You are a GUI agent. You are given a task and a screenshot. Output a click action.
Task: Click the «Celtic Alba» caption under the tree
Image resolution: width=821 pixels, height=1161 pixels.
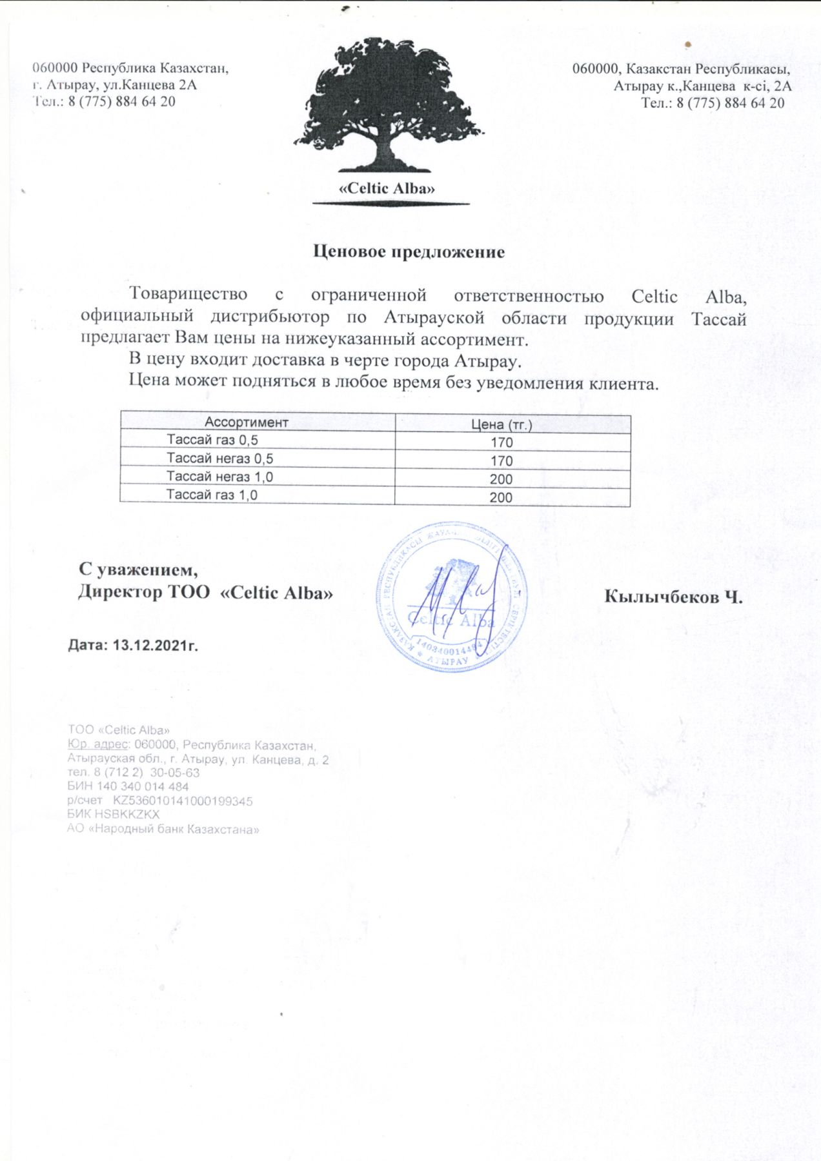point(387,188)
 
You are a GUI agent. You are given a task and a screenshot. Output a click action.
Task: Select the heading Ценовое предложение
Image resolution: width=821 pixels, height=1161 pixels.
point(409,252)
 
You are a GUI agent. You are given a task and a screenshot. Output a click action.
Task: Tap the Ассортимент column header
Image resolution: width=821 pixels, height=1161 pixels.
point(246,422)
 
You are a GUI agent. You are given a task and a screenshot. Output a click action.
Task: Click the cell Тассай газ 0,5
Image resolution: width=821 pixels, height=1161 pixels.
point(212,440)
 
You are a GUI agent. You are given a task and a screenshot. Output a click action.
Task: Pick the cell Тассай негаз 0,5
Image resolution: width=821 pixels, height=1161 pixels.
point(219,459)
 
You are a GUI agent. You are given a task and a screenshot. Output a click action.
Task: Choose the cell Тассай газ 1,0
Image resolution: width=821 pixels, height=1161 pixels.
point(212,495)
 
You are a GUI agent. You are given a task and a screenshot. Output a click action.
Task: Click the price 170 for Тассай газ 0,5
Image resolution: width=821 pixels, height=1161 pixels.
point(502,442)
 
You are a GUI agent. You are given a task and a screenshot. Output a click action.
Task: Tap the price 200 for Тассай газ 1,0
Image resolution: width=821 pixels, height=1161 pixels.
point(501,497)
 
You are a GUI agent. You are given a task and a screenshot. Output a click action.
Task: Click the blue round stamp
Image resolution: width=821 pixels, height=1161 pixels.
point(452,597)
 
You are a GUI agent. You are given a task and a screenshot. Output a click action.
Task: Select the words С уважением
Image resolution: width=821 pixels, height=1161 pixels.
point(138,570)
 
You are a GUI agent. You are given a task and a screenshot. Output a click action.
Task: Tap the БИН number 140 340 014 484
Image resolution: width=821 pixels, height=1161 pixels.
point(143,786)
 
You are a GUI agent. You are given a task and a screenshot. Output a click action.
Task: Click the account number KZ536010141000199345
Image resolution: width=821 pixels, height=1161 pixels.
point(183,801)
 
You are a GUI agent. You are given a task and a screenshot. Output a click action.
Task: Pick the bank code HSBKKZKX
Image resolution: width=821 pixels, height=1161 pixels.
point(127,815)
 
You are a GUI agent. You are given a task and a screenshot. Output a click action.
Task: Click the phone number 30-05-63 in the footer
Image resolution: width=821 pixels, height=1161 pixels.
point(175,772)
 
